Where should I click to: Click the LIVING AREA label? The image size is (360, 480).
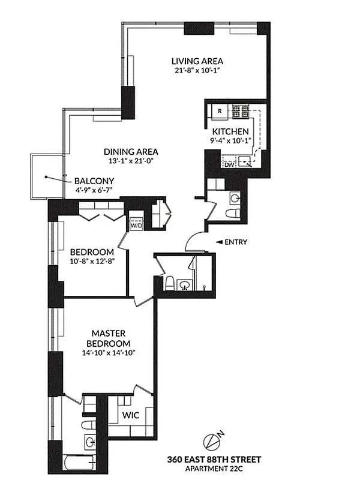(x=197, y=61)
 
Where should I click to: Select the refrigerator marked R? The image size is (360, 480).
(x=220, y=111)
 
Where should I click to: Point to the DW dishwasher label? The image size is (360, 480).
(x=228, y=163)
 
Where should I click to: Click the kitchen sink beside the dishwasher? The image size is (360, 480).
(x=244, y=161)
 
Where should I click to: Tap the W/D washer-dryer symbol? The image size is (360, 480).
(x=137, y=223)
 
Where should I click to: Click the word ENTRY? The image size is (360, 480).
(x=236, y=242)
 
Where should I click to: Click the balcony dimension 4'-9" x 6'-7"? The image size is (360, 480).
(x=94, y=190)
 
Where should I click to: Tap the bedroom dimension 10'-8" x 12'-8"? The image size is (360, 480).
(x=92, y=261)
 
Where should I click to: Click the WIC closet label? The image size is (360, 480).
(x=131, y=415)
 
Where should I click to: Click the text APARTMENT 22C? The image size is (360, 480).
(x=214, y=468)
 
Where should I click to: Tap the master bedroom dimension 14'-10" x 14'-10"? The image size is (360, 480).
(x=107, y=353)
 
